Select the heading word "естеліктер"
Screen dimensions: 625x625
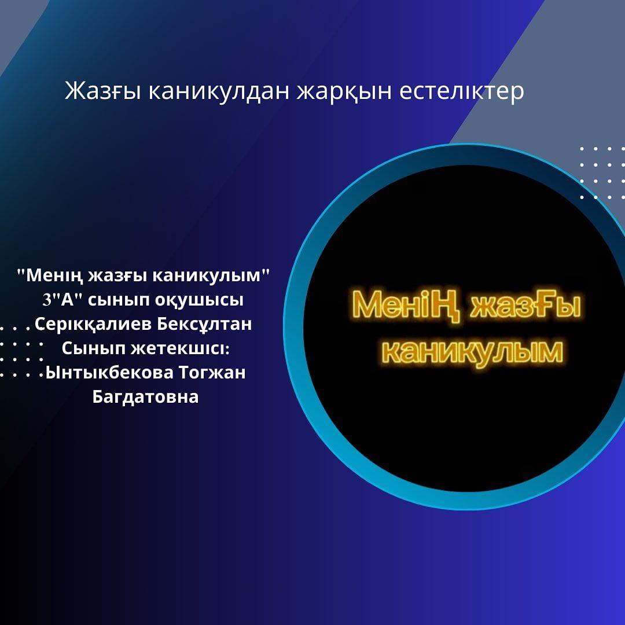click(x=462, y=91)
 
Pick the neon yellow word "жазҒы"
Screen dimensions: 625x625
click(x=525, y=305)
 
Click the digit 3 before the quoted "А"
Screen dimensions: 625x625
click(x=47, y=300)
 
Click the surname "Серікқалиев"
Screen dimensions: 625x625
click(x=94, y=325)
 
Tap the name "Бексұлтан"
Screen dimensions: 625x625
click(x=204, y=325)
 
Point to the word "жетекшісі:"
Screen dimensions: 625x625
click(x=180, y=348)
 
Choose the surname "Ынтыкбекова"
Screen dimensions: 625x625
click(x=109, y=373)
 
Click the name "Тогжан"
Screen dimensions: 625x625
click(x=212, y=373)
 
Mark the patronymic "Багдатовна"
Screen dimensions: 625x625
click(x=145, y=397)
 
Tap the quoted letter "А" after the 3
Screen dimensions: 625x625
click(x=68, y=300)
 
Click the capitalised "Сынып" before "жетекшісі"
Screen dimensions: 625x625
click(x=94, y=348)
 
